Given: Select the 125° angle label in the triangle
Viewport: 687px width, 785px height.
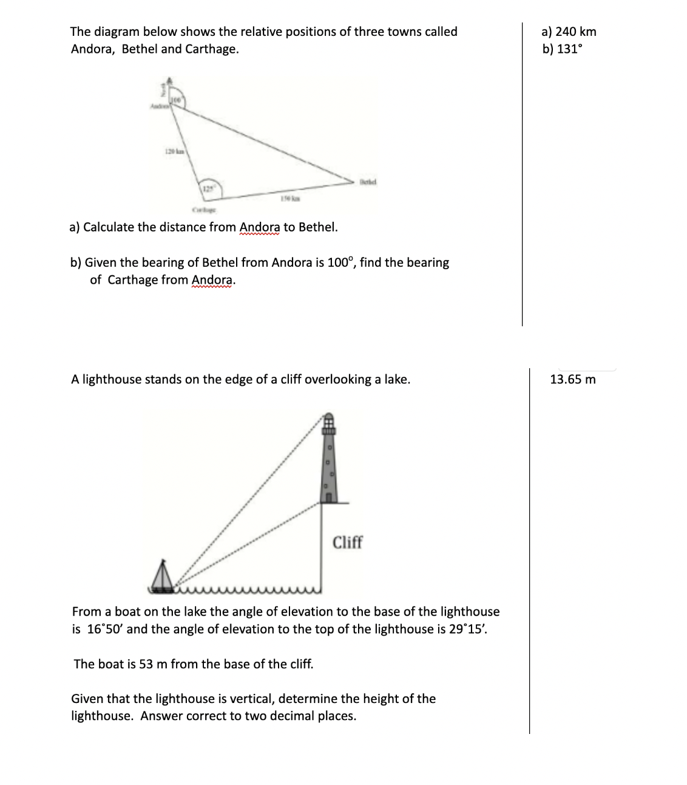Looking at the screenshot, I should click(208, 188).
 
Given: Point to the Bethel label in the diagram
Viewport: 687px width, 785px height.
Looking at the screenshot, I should click(368, 180).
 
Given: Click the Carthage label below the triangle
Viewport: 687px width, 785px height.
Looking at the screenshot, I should click(201, 210).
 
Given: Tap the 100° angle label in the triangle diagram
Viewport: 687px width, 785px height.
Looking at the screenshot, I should click(176, 99).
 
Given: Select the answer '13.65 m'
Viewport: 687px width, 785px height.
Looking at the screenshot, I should click(572, 380).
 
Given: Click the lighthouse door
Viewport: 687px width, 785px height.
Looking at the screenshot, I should click(328, 498).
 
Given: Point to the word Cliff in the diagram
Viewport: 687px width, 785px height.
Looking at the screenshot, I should click(347, 542).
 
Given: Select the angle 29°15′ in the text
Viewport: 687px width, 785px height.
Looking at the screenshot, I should click(467, 629).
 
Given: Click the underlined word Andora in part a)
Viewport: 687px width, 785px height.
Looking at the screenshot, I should click(260, 227).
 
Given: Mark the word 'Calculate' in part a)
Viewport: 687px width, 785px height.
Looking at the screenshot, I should click(109, 227).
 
